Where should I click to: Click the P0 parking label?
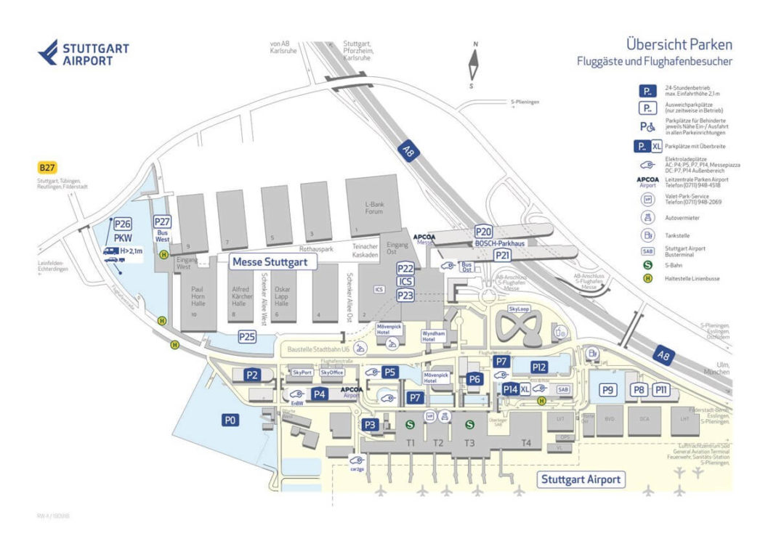click(x=230, y=420)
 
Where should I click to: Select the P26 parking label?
click(x=122, y=225)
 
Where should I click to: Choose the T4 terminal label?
click(x=526, y=443)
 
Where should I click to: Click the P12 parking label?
click(x=538, y=367)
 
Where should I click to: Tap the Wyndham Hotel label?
click(x=434, y=336)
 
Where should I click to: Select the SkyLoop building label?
click(x=520, y=309)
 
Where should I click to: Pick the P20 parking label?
click(x=484, y=232)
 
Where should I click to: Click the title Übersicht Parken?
click(x=679, y=45)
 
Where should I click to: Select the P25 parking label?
click(x=247, y=337)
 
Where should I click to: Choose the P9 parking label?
click(x=608, y=390)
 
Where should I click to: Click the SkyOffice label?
click(x=331, y=373)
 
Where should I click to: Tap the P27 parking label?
click(x=162, y=222)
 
